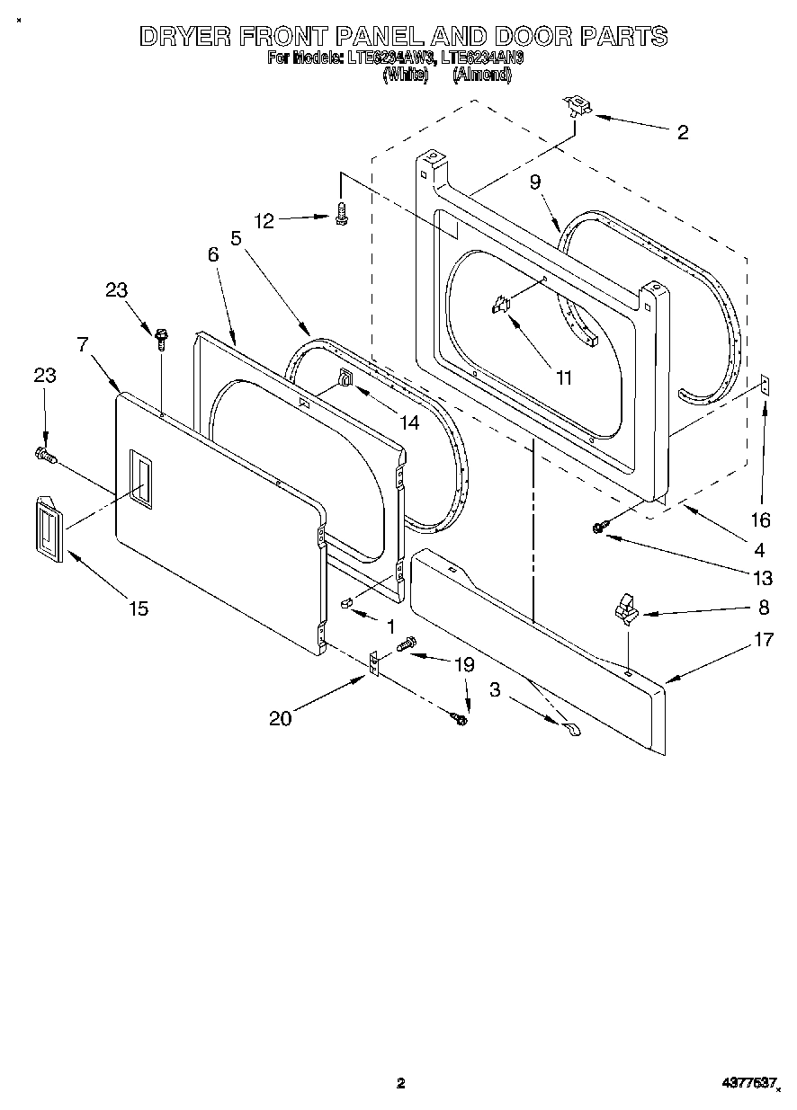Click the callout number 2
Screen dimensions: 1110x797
pos(682,133)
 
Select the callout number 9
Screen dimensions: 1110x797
pos(535,182)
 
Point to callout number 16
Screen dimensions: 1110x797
pos(761,519)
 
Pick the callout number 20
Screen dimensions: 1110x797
pos(281,718)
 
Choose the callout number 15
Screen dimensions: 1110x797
pos(138,608)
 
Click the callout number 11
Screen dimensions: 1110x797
pos(563,378)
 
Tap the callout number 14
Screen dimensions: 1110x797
pos(409,422)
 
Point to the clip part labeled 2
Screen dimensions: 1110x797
pos(575,107)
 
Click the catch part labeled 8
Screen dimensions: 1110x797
pos(624,613)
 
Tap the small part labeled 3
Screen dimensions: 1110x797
pos(571,730)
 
